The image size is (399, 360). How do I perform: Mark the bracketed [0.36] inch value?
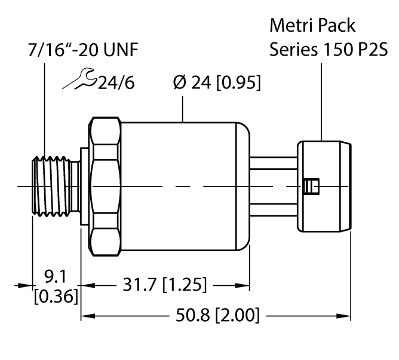pos(55,296)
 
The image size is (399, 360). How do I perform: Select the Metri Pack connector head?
pos(323,187)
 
